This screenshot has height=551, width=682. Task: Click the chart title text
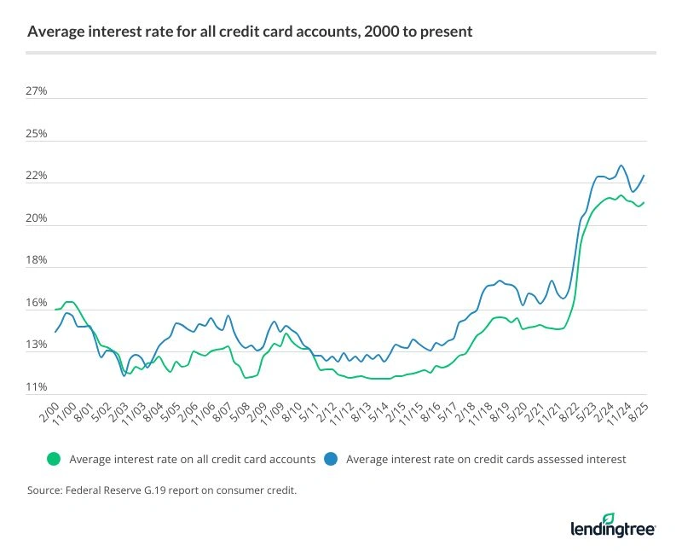pos(250,32)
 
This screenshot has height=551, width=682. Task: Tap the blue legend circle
pos(332,459)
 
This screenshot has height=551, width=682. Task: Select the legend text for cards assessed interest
pos(487,459)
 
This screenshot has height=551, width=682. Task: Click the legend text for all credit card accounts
pos(193,459)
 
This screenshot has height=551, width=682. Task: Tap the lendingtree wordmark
pos(612,530)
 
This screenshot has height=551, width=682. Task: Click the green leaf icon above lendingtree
pos(608,518)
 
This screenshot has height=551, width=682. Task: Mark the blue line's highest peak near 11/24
pos(621,165)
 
